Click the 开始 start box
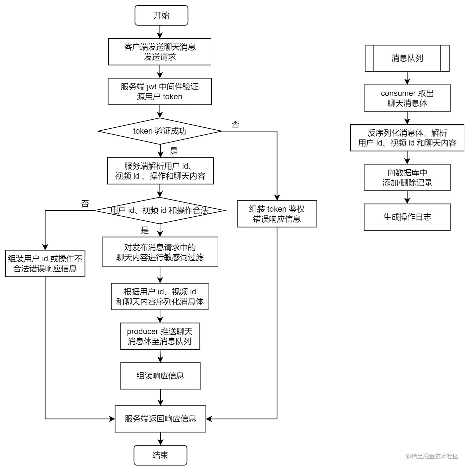[161, 15]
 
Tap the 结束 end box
[160, 455]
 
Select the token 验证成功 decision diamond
[160, 131]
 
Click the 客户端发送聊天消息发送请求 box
[160, 52]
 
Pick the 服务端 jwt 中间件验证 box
[160, 92]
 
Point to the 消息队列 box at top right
[407, 58]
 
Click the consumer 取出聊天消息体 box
[407, 98]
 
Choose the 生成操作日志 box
[407, 217]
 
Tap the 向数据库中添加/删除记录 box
[407, 178]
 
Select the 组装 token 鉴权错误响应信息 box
[277, 214]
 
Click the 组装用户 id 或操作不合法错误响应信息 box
[45, 264]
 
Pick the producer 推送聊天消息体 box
[160, 336]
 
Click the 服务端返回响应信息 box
[160, 419]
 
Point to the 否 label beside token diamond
[235, 124]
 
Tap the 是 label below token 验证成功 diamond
[174, 151]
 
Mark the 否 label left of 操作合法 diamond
[85, 204]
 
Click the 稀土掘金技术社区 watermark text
[432, 456]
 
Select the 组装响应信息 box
[160, 376]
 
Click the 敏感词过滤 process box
[160, 252]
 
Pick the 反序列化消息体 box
[407, 138]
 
